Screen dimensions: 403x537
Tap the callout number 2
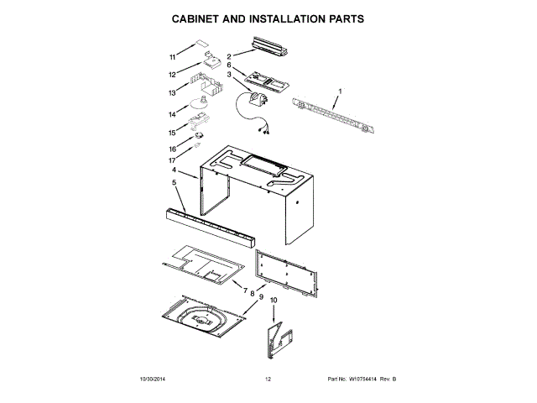pyautogui.click(x=228, y=56)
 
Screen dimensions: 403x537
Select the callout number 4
pyautogui.click(x=175, y=170)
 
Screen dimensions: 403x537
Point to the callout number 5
pyautogui.click(x=175, y=182)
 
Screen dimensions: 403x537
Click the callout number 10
pyautogui.click(x=273, y=300)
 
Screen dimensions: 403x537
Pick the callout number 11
pyautogui.click(x=173, y=58)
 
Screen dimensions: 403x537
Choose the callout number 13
pyautogui.click(x=172, y=93)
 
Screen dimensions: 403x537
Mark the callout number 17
pyautogui.click(x=172, y=160)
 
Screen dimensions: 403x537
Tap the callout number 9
pyautogui.click(x=262, y=296)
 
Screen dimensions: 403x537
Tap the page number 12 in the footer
pyautogui.click(x=268, y=379)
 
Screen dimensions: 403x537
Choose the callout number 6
pyautogui.click(x=228, y=65)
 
